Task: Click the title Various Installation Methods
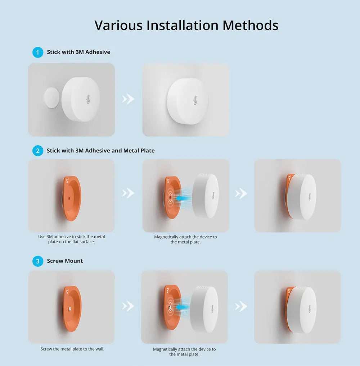point(186,26)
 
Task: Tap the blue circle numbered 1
point(37,52)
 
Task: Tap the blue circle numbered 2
point(37,151)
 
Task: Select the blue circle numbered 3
point(37,261)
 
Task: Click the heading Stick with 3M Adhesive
point(78,52)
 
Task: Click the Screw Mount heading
point(65,261)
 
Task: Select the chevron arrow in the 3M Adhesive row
point(128,99)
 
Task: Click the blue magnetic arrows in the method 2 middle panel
point(183,197)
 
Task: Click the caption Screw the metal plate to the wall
point(72,349)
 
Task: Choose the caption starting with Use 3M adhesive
point(71,239)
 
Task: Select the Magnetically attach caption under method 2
point(185,239)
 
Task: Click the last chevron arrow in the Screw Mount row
point(241,306)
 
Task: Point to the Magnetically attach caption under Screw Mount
point(184,352)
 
